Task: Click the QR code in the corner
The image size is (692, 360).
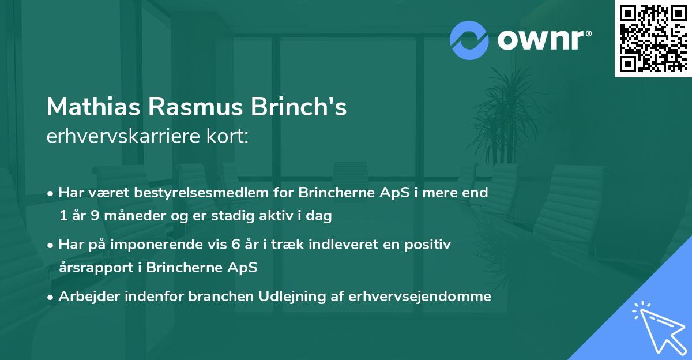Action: pos(653,39)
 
